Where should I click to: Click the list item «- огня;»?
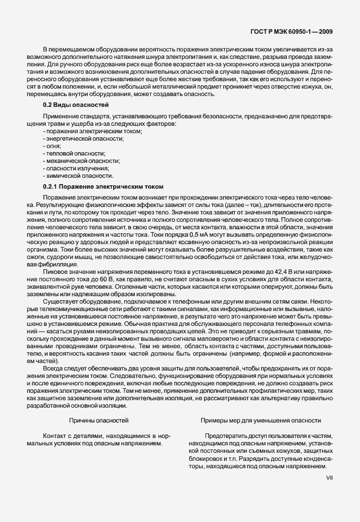(x=52, y=146)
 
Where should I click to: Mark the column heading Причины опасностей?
(x=98, y=420)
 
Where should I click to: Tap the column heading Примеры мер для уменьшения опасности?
(x=260, y=420)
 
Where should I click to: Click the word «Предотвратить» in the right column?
(x=225, y=435)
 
